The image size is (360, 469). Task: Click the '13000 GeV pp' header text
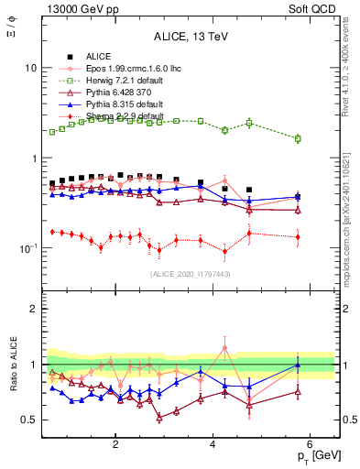[73, 8]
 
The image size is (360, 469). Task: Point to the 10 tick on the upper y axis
[31, 69]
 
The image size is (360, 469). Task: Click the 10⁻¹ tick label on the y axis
[27, 249]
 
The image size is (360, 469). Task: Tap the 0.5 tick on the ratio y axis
[29, 420]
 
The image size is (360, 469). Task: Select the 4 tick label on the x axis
[213, 444]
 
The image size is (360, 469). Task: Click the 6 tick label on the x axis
[310, 444]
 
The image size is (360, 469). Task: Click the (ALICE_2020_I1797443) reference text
[190, 274]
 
